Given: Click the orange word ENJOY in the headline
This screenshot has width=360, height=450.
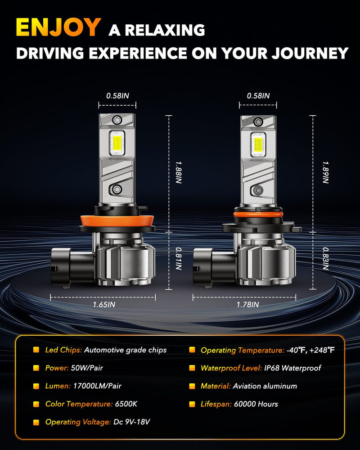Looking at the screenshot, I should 57,28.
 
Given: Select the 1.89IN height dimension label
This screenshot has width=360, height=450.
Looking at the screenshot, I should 325,172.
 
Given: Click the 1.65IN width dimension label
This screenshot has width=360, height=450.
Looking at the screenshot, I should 104,305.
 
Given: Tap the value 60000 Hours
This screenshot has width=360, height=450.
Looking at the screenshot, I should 256,404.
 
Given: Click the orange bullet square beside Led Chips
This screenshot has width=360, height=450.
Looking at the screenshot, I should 36,350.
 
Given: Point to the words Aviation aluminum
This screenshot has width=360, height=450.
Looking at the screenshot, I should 265,386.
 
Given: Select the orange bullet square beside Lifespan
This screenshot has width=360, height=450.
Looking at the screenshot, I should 192,404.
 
